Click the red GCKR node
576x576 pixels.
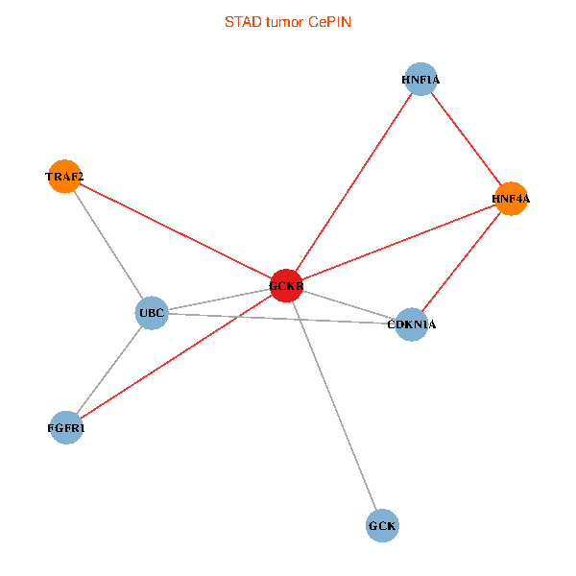point(286,285)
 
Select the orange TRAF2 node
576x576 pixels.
point(64,177)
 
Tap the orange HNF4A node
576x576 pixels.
point(511,199)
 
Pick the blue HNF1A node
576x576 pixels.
point(420,79)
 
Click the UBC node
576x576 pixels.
point(153,313)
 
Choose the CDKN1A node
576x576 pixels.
point(411,324)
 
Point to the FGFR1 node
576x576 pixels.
point(66,428)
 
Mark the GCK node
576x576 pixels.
point(382,526)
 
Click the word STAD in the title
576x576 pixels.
point(240,21)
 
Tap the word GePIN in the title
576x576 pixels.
point(329,21)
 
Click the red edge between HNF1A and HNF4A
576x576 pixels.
point(466,139)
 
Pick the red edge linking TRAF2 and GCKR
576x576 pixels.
point(175,230)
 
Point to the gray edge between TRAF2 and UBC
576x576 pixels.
point(108,245)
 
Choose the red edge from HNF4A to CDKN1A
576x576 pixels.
point(461,261)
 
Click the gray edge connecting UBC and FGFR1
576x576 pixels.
point(109,371)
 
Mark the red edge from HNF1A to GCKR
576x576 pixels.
point(353,182)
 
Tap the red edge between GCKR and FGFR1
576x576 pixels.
point(176,357)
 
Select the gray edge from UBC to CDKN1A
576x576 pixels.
point(281,319)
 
